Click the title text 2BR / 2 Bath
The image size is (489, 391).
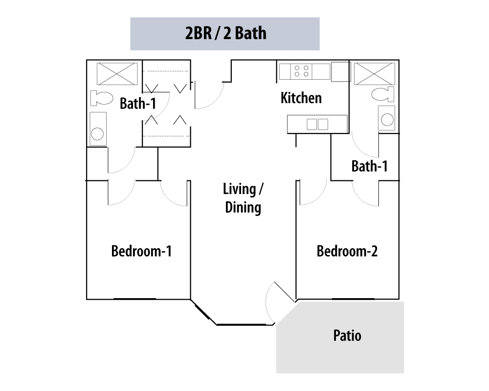coord(226,33)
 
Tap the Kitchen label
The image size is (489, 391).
coord(301,98)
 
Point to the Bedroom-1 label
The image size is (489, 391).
coord(141,251)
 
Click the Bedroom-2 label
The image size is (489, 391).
coord(347,251)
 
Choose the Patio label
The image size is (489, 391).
coord(347,335)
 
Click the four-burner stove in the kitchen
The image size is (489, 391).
coord(301,71)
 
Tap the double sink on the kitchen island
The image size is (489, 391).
coord(317,125)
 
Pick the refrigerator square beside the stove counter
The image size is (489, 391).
coord(341,72)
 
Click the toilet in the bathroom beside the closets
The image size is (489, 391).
coord(101,98)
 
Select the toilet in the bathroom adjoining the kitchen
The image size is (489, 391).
coord(383,94)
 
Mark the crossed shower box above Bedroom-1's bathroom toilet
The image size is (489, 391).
coord(117,74)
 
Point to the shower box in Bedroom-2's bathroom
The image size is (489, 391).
coord(374,74)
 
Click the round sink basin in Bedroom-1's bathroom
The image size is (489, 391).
coord(97,134)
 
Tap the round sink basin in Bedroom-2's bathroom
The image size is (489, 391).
coord(387,120)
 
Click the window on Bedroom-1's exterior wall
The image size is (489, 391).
coord(134,299)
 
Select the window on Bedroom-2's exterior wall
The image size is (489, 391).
coord(353,299)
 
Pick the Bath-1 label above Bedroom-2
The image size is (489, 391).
coord(369,166)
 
